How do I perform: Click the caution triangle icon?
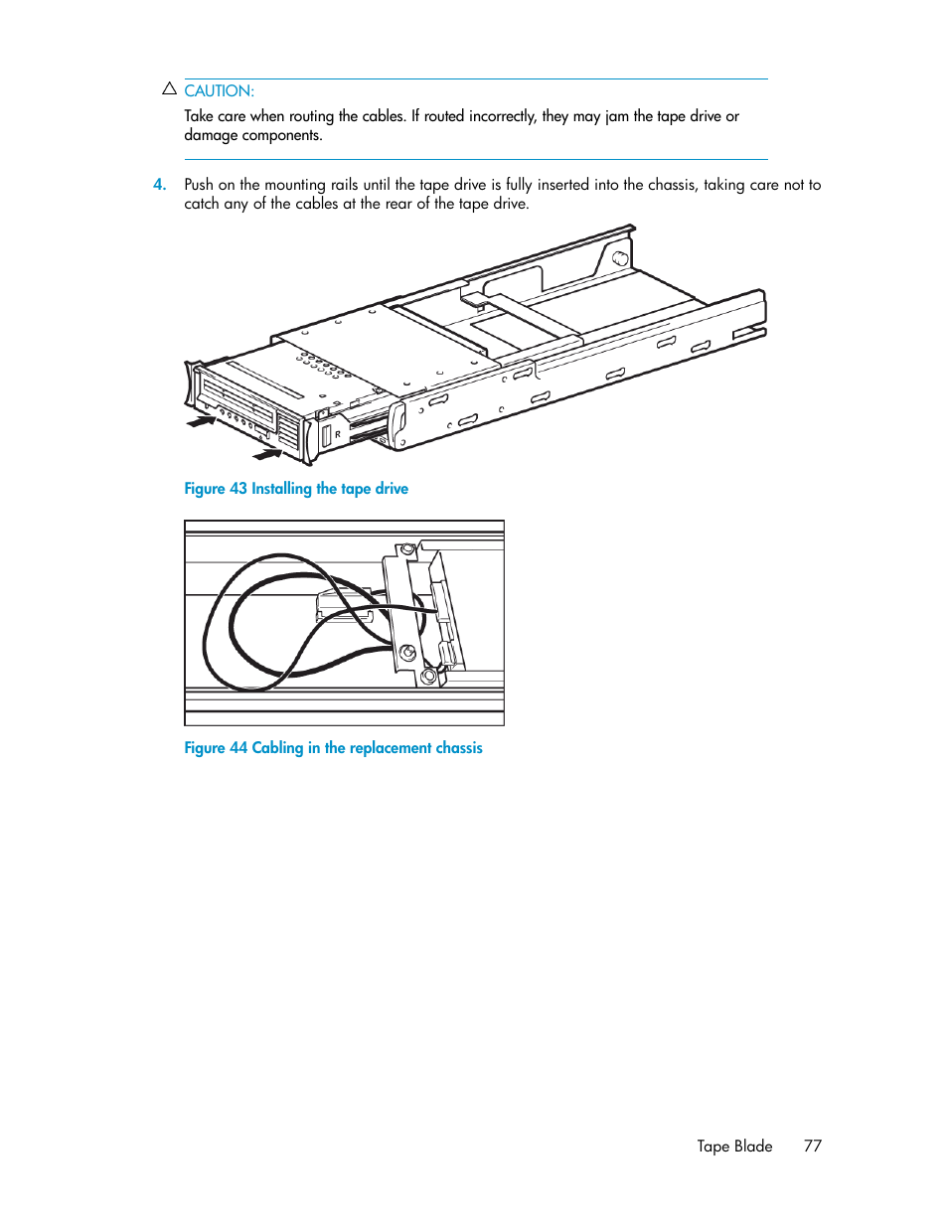click(169, 88)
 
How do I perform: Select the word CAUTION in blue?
click(219, 90)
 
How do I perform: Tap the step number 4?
click(159, 184)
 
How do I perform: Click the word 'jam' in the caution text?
click(617, 116)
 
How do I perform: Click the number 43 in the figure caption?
click(238, 488)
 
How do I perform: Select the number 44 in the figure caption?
click(238, 747)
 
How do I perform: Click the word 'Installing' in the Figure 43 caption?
click(281, 488)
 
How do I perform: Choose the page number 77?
click(813, 1146)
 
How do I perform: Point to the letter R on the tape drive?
click(338, 434)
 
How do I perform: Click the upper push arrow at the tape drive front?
click(202, 422)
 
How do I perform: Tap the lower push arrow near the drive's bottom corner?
click(267, 455)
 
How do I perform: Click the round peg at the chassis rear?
click(620, 258)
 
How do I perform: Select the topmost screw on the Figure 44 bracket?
click(407, 549)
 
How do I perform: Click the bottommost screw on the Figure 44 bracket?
click(428, 677)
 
